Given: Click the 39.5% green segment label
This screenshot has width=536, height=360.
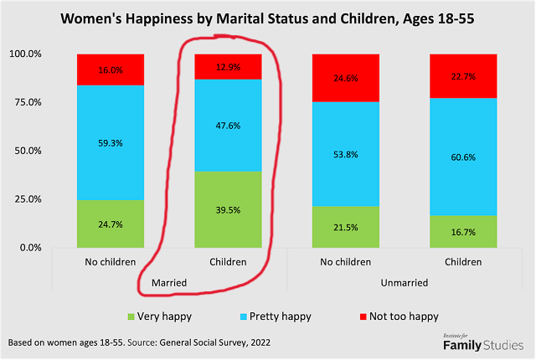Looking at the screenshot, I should (x=228, y=208).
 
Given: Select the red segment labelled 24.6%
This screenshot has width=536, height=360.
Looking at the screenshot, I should (x=346, y=78).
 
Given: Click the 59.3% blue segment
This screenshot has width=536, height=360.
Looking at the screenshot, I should (x=111, y=142).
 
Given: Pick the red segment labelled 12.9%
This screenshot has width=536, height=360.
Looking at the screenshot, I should (x=228, y=66).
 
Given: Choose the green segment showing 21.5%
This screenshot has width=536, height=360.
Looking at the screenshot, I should (x=346, y=228).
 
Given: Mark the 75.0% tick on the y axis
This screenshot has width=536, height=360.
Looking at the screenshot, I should (x=24, y=102).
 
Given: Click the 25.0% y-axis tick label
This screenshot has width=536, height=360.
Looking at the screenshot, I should (x=24, y=199).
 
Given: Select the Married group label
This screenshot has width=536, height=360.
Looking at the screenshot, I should (x=169, y=283).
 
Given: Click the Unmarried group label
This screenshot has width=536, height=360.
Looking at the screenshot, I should (x=405, y=283).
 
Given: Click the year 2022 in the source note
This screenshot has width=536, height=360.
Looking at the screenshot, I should (x=263, y=343).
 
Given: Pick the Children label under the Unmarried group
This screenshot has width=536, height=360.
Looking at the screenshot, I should (x=463, y=262).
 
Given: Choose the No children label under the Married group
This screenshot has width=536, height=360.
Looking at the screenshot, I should (x=111, y=262).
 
